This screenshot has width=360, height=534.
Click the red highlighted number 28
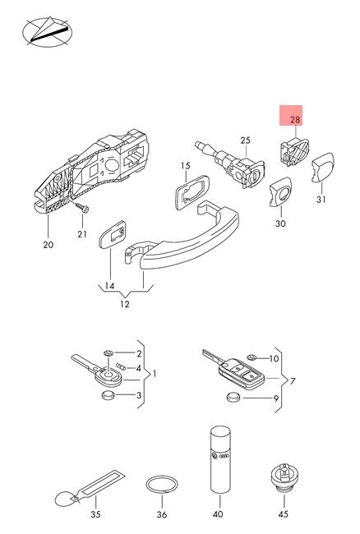[x=295, y=120]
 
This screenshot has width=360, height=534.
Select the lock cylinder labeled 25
[x=230, y=164]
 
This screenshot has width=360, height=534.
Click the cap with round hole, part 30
[x=280, y=191]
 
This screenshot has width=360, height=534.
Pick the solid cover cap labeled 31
[x=322, y=168]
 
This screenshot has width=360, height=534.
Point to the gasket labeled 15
[x=190, y=193]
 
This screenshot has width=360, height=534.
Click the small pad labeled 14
[x=113, y=234]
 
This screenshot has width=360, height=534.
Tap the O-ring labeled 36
[x=162, y=484]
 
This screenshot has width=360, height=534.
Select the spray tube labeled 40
[x=220, y=459]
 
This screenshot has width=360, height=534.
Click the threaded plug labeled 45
[x=284, y=476]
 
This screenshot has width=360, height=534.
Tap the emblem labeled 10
[x=252, y=357]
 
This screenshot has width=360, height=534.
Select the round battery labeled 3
[x=108, y=395]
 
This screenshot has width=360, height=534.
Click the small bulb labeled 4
[x=121, y=366]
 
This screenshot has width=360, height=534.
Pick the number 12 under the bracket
[x=125, y=304]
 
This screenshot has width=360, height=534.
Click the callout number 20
[x=48, y=245]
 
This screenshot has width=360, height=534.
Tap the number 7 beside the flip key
[x=293, y=381]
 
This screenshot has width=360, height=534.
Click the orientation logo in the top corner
[x=48, y=32]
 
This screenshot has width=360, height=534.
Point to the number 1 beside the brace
[x=155, y=374]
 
